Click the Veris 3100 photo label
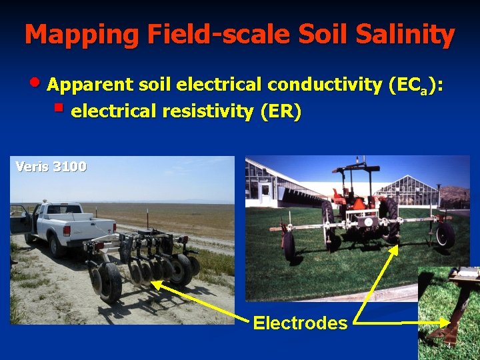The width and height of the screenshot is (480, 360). (x=51, y=167)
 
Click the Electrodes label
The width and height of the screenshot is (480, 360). (x=300, y=323)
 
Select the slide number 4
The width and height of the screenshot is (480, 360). (x=449, y=346)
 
